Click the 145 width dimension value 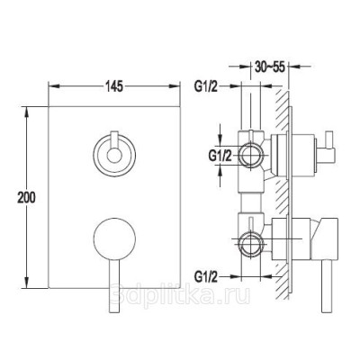pos(114,86)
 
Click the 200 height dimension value pos(26,198)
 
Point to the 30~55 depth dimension pos(270,67)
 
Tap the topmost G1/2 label pos(205,86)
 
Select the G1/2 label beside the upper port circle pos(220,156)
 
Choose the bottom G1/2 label pos(205,276)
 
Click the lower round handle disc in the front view pos(114,238)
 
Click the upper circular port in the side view pos(251,156)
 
